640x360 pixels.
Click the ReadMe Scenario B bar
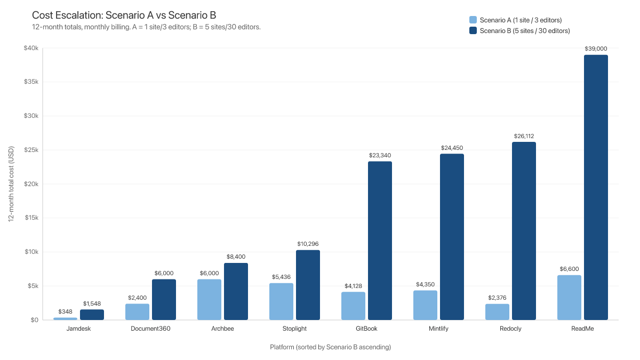596,187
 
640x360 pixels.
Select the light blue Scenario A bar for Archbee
209,299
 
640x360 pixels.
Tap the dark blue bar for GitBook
380,241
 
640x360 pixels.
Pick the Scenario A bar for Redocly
497,311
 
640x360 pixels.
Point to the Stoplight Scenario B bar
308,285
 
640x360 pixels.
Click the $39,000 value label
596,49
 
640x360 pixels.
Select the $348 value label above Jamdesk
65,311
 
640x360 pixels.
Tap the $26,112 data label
524,136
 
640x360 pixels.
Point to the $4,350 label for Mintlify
425,284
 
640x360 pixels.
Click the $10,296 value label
308,244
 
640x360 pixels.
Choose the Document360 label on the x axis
150,329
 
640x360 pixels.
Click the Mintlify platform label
438,329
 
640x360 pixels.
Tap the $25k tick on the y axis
30,150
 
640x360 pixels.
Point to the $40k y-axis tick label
30,48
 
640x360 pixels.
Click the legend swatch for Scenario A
473,20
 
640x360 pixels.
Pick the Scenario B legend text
525,31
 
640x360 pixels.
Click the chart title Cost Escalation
124,15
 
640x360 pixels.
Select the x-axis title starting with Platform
330,347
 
